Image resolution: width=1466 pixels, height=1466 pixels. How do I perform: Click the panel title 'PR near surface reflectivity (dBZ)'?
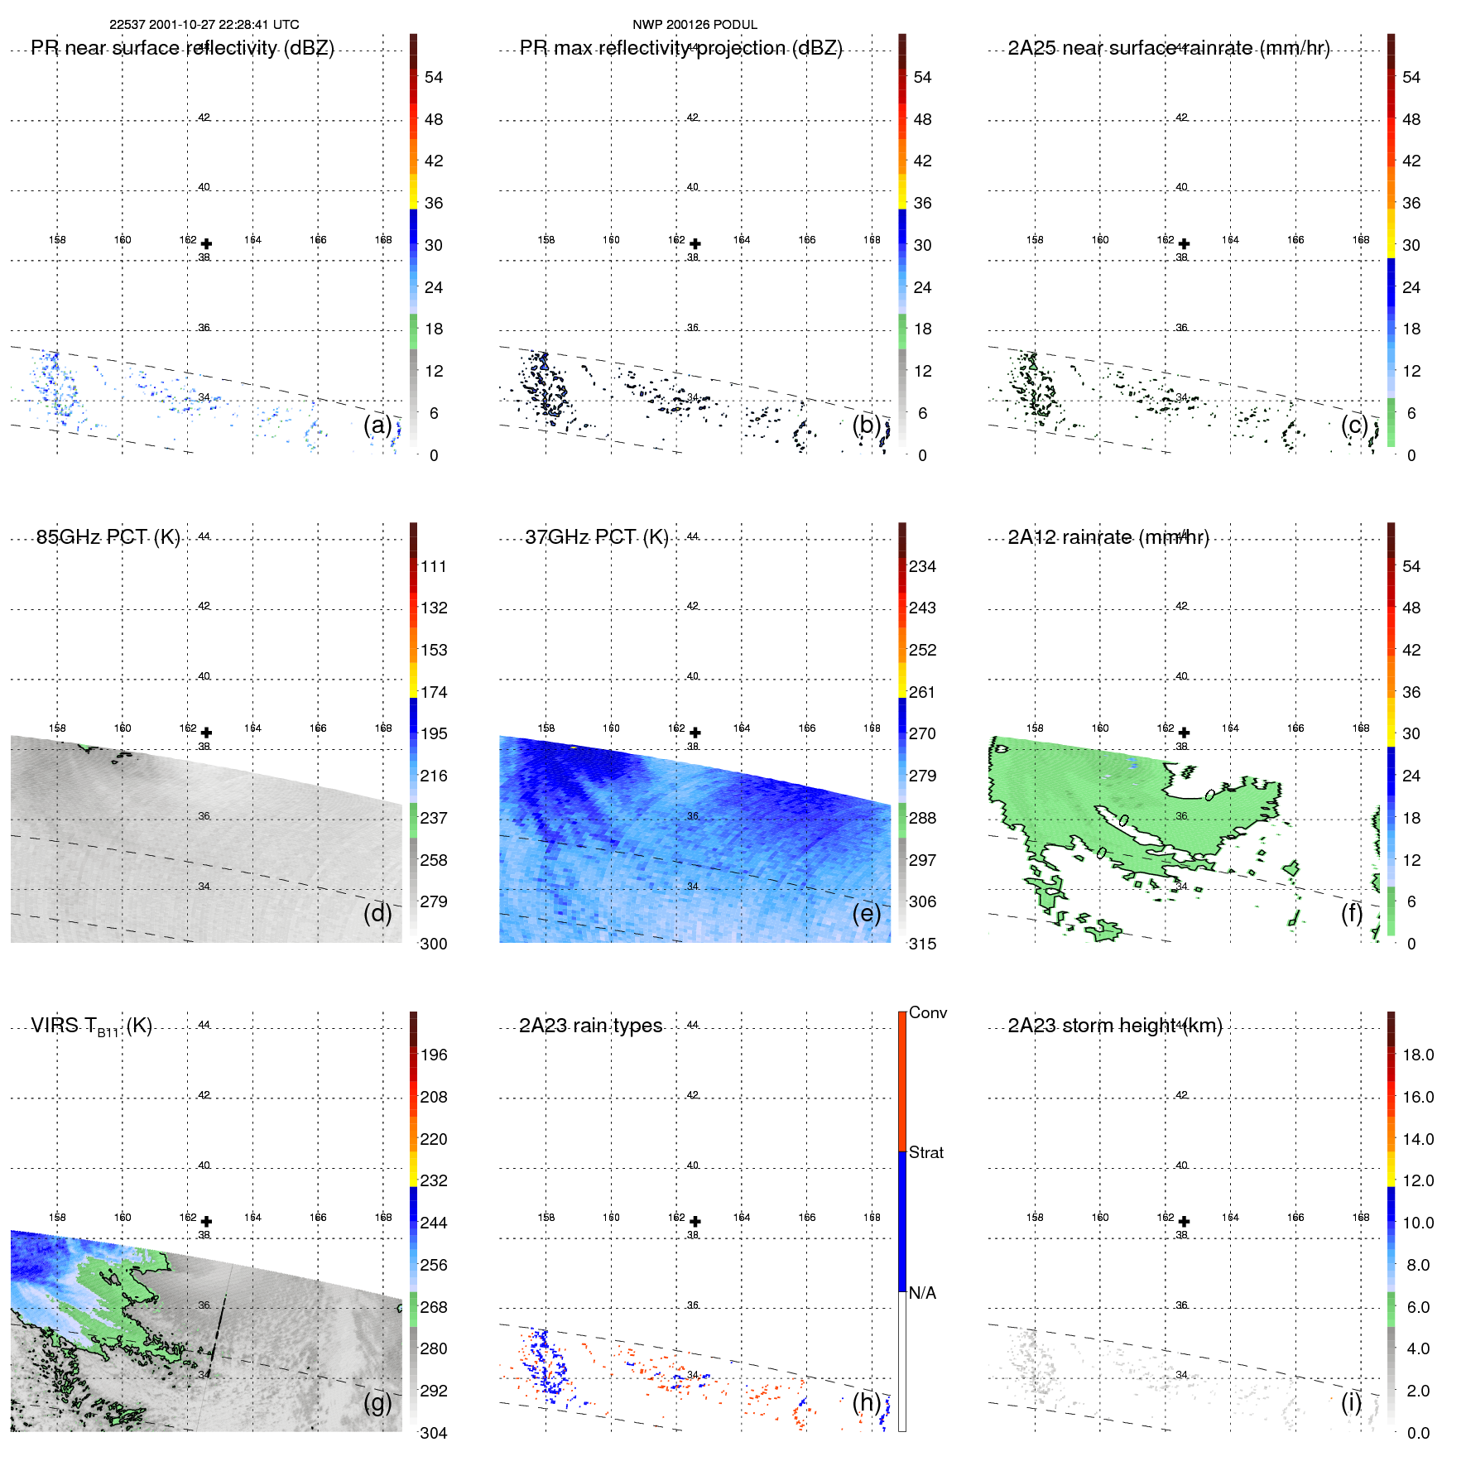[x=182, y=48]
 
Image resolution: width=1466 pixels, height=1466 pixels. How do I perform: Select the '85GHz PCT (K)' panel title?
[x=108, y=537]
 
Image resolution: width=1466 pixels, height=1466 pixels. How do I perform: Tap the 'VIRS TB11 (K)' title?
[x=91, y=1026]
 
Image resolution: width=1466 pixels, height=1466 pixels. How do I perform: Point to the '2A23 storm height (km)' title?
[x=1114, y=1026]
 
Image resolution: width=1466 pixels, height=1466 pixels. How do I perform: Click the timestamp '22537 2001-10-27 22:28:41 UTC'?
[x=204, y=25]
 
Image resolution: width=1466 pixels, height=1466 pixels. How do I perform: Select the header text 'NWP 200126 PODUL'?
[x=695, y=25]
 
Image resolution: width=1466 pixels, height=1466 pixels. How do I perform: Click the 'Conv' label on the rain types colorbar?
[x=927, y=1013]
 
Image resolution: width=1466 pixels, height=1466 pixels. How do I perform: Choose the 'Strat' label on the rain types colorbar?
[x=925, y=1153]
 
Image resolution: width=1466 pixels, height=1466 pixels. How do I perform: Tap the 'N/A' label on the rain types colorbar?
[x=922, y=1293]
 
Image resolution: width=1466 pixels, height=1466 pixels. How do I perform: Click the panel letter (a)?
[x=377, y=425]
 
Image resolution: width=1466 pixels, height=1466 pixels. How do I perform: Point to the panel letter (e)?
[x=866, y=914]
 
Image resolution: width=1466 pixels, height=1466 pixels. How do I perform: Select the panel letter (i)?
[x=1351, y=1402]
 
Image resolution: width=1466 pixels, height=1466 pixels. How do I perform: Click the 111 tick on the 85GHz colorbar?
[x=434, y=567]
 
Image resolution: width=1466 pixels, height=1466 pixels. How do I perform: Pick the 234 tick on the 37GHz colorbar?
[x=922, y=567]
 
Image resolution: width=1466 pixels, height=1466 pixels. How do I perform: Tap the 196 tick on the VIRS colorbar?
[x=434, y=1055]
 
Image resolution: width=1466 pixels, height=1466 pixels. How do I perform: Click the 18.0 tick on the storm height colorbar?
[x=1417, y=1055]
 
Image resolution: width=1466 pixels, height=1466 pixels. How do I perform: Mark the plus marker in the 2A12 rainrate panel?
[x=1184, y=733]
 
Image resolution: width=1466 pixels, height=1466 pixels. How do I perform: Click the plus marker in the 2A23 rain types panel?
[x=695, y=1222]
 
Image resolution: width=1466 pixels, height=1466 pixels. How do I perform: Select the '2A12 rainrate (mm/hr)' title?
[x=1108, y=537]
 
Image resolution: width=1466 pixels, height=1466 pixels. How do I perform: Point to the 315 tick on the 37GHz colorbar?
[x=922, y=944]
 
